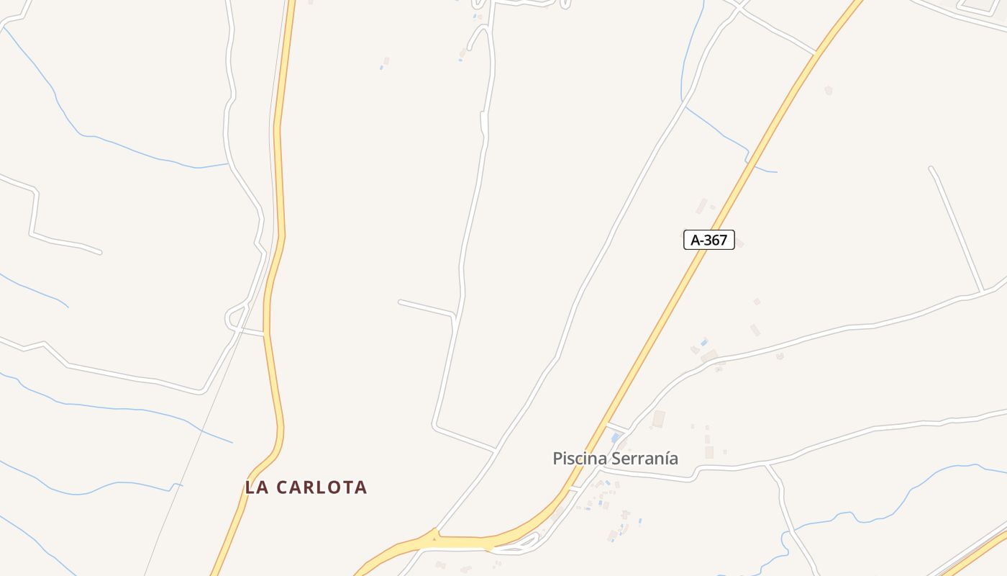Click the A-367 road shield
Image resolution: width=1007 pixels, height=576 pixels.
(708, 240)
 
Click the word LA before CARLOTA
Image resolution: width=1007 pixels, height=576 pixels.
(257, 487)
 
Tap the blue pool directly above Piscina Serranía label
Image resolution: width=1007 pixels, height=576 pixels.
(615, 437)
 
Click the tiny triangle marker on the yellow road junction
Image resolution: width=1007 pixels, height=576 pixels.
(434, 536)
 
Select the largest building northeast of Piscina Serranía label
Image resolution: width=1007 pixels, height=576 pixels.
(658, 418)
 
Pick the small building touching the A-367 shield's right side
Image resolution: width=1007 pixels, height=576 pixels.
(739, 243)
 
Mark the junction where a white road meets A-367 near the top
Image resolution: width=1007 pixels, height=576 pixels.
(816, 53)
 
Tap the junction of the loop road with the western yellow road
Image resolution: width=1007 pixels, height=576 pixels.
(265, 334)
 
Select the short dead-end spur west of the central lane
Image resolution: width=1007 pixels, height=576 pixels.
(426, 307)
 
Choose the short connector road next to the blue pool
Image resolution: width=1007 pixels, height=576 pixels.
(617, 427)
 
